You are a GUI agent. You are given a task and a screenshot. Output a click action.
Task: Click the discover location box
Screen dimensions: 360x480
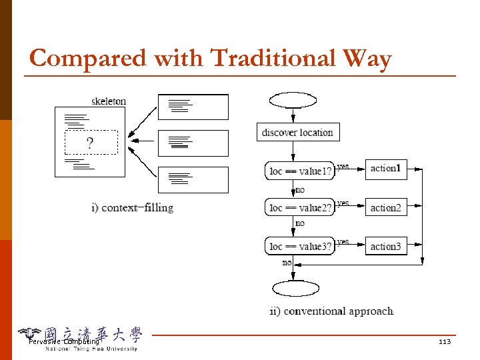(297, 132)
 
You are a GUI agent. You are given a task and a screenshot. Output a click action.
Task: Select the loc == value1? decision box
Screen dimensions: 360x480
(300, 171)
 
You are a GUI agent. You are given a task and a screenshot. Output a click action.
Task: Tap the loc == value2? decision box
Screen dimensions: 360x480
(300, 208)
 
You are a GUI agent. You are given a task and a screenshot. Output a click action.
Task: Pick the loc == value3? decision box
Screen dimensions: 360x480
(300, 247)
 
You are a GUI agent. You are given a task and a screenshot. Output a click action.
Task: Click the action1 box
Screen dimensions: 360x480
(385, 169)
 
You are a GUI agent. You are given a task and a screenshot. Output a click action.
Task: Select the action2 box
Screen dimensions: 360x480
(385, 207)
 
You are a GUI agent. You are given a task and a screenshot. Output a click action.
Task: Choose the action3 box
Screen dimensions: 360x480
(385, 246)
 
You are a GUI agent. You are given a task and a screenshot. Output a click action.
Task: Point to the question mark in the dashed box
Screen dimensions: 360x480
(90, 143)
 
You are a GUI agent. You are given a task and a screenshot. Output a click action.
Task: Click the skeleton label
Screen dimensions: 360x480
(109, 101)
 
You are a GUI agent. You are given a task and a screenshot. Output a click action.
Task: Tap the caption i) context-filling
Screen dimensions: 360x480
(132, 207)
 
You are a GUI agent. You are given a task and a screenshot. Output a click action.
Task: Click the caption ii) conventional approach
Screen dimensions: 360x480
(331, 311)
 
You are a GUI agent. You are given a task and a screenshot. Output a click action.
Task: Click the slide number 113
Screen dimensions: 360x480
(445, 342)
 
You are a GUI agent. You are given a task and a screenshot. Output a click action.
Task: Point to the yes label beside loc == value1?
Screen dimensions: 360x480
(343, 165)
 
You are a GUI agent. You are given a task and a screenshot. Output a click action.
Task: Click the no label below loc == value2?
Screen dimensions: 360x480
(300, 223)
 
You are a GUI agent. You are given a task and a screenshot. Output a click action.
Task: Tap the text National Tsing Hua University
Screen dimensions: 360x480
(91, 349)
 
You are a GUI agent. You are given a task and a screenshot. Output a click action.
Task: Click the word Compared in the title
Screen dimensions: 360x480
(88, 59)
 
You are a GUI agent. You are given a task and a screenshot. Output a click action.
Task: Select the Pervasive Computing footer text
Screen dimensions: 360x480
(64, 342)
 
